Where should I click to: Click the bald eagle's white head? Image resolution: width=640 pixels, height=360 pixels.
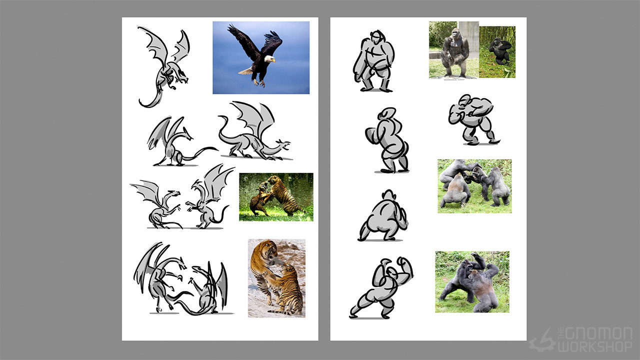[269, 59]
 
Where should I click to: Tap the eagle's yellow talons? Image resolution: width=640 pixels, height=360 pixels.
[259, 83]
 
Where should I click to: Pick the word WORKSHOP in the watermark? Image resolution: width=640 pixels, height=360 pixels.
[595, 347]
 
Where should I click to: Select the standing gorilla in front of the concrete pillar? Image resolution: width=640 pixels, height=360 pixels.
[454, 53]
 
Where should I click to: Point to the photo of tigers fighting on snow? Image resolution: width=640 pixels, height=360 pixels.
[276, 278]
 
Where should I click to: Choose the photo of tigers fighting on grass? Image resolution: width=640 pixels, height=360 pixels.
[276, 197]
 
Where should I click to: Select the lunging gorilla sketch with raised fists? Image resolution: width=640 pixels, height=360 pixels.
[381, 287]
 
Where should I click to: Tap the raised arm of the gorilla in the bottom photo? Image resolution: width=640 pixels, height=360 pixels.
[478, 260]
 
